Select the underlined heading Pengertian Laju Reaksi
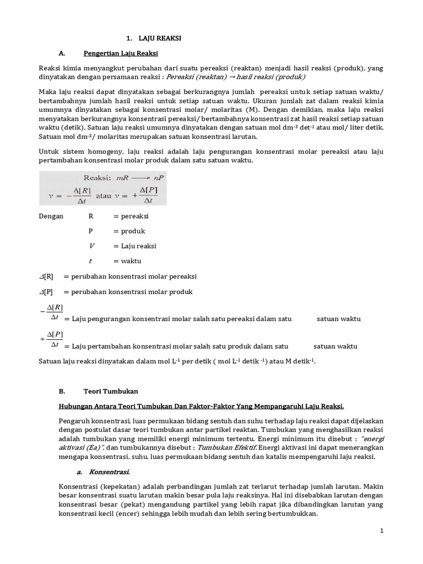[121, 53]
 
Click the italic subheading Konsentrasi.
[108, 472]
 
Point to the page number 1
[381, 530]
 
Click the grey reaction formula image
[103, 188]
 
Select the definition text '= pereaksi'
[131, 216]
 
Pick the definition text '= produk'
[129, 231]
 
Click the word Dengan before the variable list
[51, 216]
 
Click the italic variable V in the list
[91, 246]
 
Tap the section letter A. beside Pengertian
[62, 53]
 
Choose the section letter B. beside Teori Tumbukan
[62, 391]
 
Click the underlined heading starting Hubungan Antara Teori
[201, 406]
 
